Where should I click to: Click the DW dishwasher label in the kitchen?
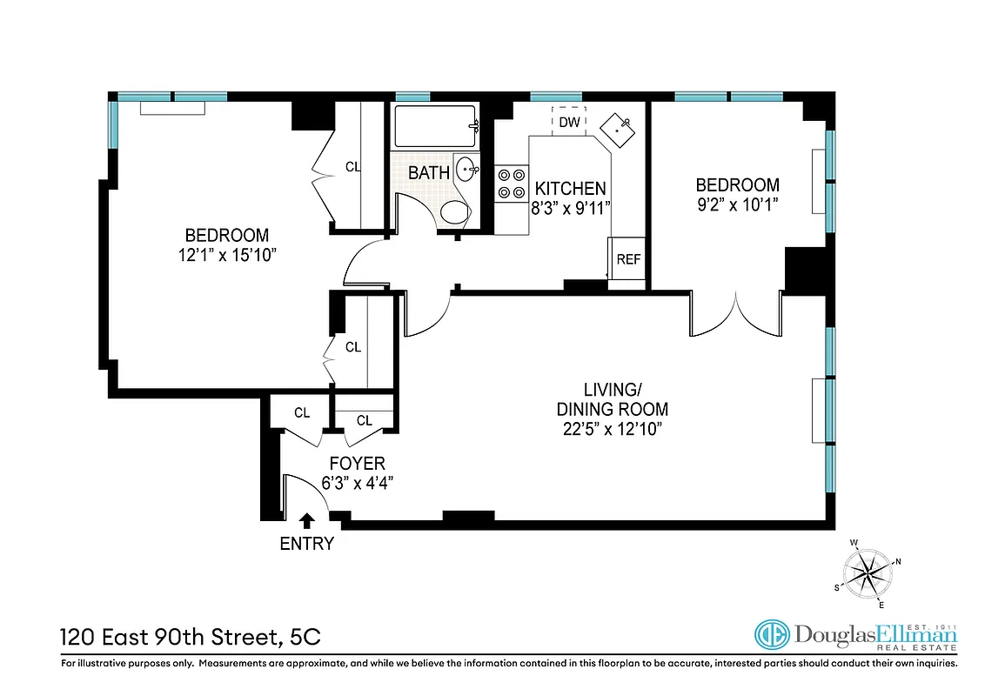pyautogui.click(x=569, y=122)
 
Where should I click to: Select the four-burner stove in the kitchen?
pyautogui.click(x=512, y=184)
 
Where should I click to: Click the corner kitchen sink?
pyautogui.click(x=618, y=130)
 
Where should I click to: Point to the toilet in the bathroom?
pyautogui.click(x=455, y=211)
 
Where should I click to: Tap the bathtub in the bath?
pyautogui.click(x=436, y=126)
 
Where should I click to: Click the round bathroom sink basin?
pyautogui.click(x=466, y=169)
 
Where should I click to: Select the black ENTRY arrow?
pyautogui.click(x=306, y=520)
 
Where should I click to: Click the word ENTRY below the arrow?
pyautogui.click(x=306, y=544)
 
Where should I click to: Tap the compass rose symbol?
pyautogui.click(x=868, y=573)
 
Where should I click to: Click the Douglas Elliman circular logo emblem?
pyautogui.click(x=772, y=635)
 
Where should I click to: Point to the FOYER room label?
pyautogui.click(x=357, y=464)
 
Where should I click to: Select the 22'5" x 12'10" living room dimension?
pyautogui.click(x=613, y=429)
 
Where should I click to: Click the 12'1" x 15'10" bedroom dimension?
pyautogui.click(x=227, y=255)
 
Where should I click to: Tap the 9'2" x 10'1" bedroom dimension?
pyautogui.click(x=738, y=204)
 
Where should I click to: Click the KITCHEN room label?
pyautogui.click(x=571, y=189)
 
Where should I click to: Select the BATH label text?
pyautogui.click(x=429, y=173)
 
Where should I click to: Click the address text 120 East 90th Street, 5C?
pyautogui.click(x=191, y=638)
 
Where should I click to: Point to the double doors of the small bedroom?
pyautogui.click(x=735, y=314)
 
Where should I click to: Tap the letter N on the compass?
pyautogui.click(x=898, y=561)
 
